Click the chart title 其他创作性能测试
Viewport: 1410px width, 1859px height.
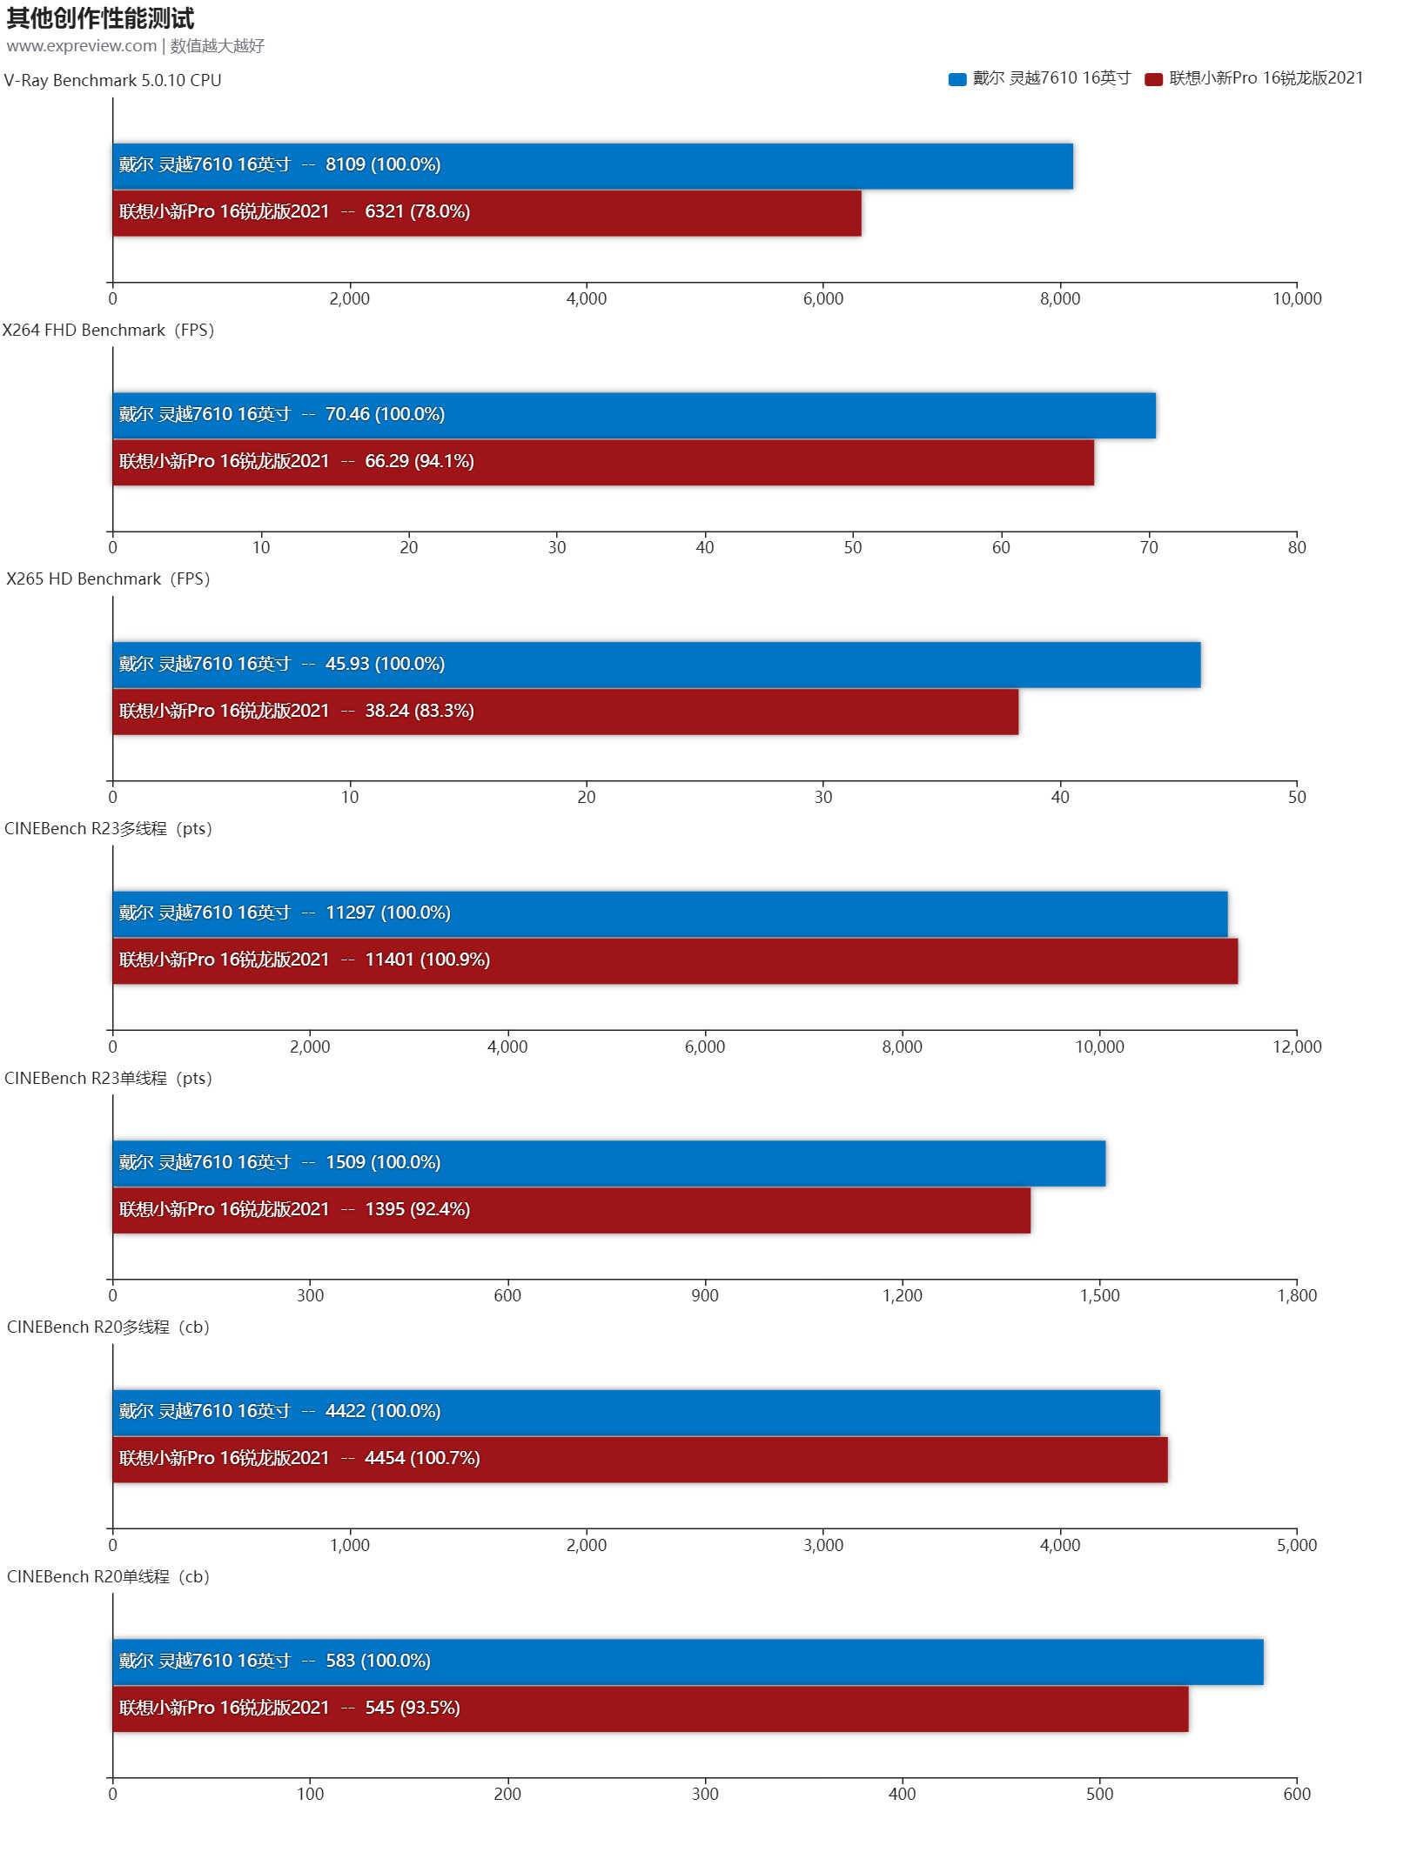[100, 18]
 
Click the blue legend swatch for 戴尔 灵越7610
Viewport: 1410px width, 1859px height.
[957, 80]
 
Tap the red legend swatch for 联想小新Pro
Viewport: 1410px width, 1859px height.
[1154, 80]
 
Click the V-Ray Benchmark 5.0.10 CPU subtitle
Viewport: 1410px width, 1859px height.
[113, 81]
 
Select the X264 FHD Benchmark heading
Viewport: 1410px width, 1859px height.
[108, 331]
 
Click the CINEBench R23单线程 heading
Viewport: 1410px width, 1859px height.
[108, 1079]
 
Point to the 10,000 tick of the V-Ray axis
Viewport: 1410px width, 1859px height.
[1296, 299]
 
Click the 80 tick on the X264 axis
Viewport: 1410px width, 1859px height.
[1296, 548]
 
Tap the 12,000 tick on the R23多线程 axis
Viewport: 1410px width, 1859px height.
[1296, 1047]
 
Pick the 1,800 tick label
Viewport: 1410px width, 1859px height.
[1296, 1295]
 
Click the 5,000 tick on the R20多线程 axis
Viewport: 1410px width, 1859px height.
[1296, 1545]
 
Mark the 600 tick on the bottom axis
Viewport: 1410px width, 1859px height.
[1296, 1794]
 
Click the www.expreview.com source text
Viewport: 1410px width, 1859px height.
[81, 46]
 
